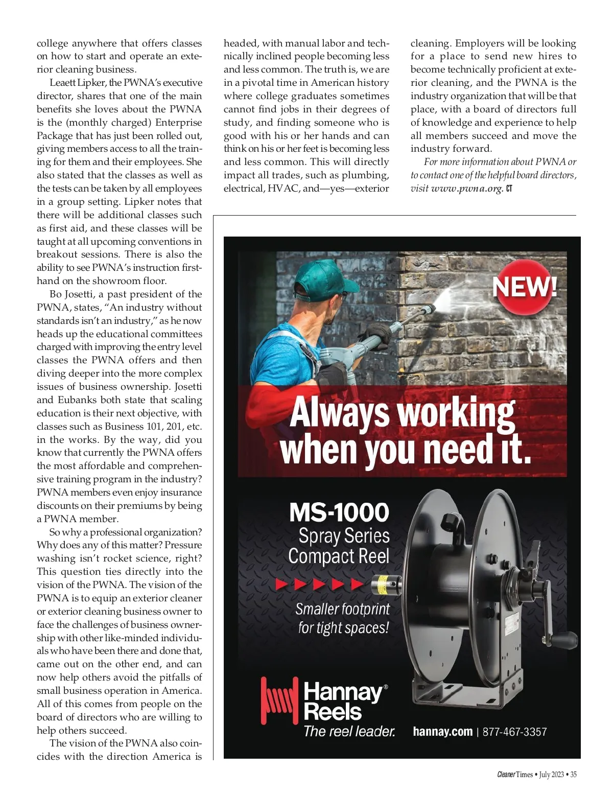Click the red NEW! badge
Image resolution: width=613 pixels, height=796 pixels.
tap(525, 287)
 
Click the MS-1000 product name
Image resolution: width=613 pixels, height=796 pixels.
tap(339, 512)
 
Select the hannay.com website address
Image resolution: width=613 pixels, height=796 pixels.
tap(442, 732)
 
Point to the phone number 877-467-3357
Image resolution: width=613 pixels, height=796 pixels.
tap(514, 732)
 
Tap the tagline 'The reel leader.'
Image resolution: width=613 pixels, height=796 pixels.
tap(349, 732)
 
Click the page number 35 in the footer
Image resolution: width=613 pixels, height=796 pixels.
tap(574, 775)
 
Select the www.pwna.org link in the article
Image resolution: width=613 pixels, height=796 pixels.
tap(467, 189)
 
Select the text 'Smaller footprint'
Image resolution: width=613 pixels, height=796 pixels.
tap(342, 609)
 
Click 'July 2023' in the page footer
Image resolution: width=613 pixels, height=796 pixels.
tap(551, 775)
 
